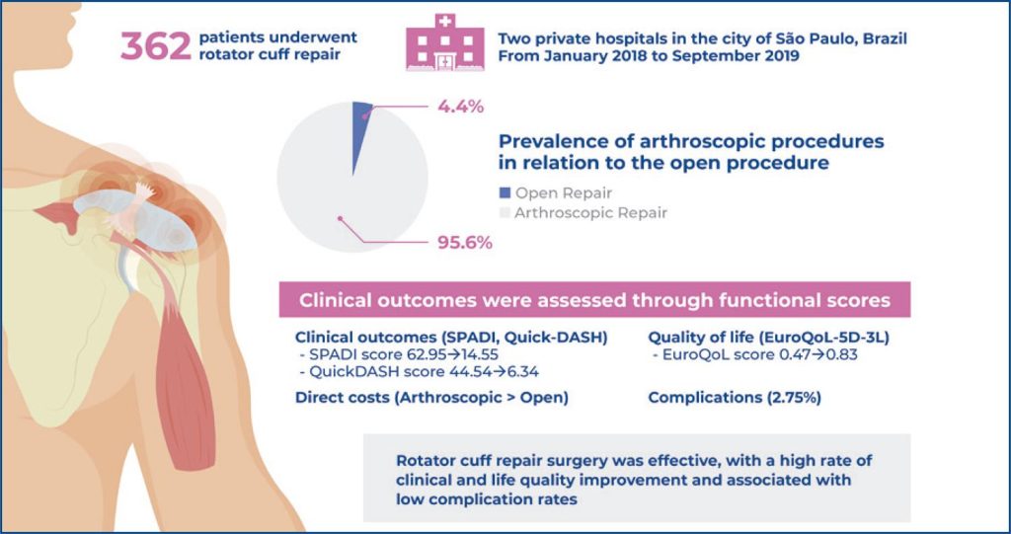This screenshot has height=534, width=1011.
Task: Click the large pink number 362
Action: pyautogui.click(x=155, y=45)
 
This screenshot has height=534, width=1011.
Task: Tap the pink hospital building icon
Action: pyautogui.click(x=445, y=42)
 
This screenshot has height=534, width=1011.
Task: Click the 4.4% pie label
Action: pyautogui.click(x=460, y=107)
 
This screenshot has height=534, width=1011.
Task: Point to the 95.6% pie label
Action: pyautogui.click(x=465, y=243)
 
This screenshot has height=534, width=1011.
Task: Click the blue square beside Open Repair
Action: pyautogui.click(x=505, y=192)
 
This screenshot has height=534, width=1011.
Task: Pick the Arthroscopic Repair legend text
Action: pyautogui.click(x=590, y=212)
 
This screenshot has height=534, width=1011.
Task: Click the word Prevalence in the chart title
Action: pyautogui.click(x=553, y=142)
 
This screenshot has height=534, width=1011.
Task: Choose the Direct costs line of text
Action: pyautogui.click(x=432, y=398)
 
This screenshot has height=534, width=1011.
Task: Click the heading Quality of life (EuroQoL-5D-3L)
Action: pyautogui.click(x=768, y=338)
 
